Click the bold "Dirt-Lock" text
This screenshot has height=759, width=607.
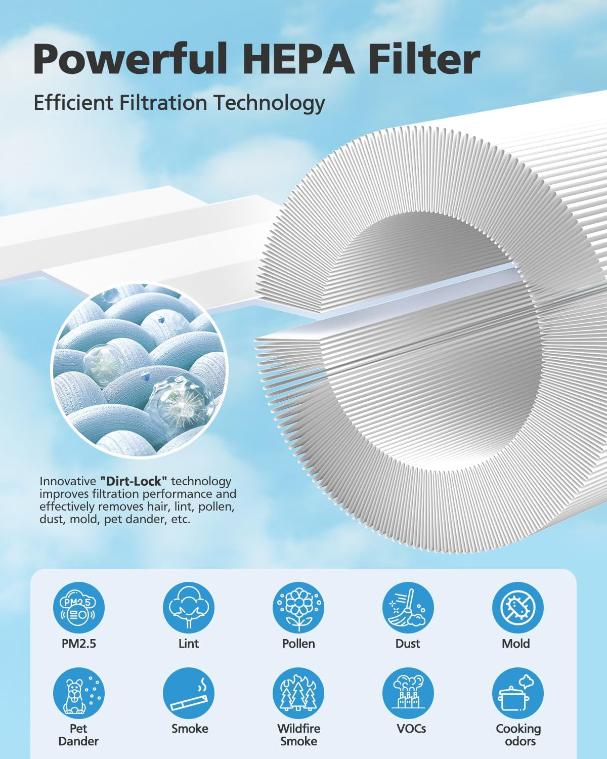coord(134,481)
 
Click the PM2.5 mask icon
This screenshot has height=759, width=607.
coord(78,607)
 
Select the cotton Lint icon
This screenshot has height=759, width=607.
coord(189,607)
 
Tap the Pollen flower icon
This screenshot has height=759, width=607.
coord(298,607)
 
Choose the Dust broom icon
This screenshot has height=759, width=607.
coord(408,607)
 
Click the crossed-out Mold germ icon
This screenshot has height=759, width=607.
coord(518,607)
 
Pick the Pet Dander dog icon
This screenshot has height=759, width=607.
coord(78,693)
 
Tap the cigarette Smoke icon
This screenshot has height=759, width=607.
coord(189,693)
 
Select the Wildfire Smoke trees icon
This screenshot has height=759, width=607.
coord(298,693)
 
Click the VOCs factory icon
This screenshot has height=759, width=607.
coord(408,693)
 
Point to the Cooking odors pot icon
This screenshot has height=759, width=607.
coord(518,693)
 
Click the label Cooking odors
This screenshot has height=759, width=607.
coord(518,734)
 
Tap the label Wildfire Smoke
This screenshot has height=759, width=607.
coord(299,734)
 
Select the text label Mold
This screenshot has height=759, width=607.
coord(515,644)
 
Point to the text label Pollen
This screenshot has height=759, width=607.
coord(298,644)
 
